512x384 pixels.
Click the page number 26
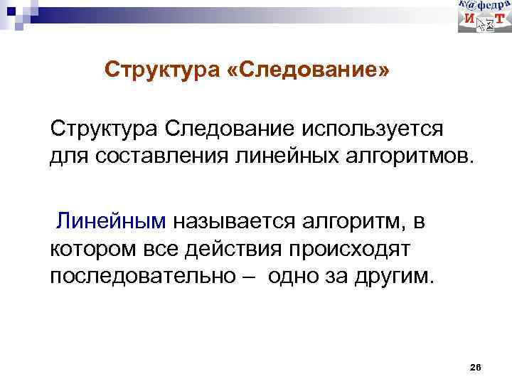476,367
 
